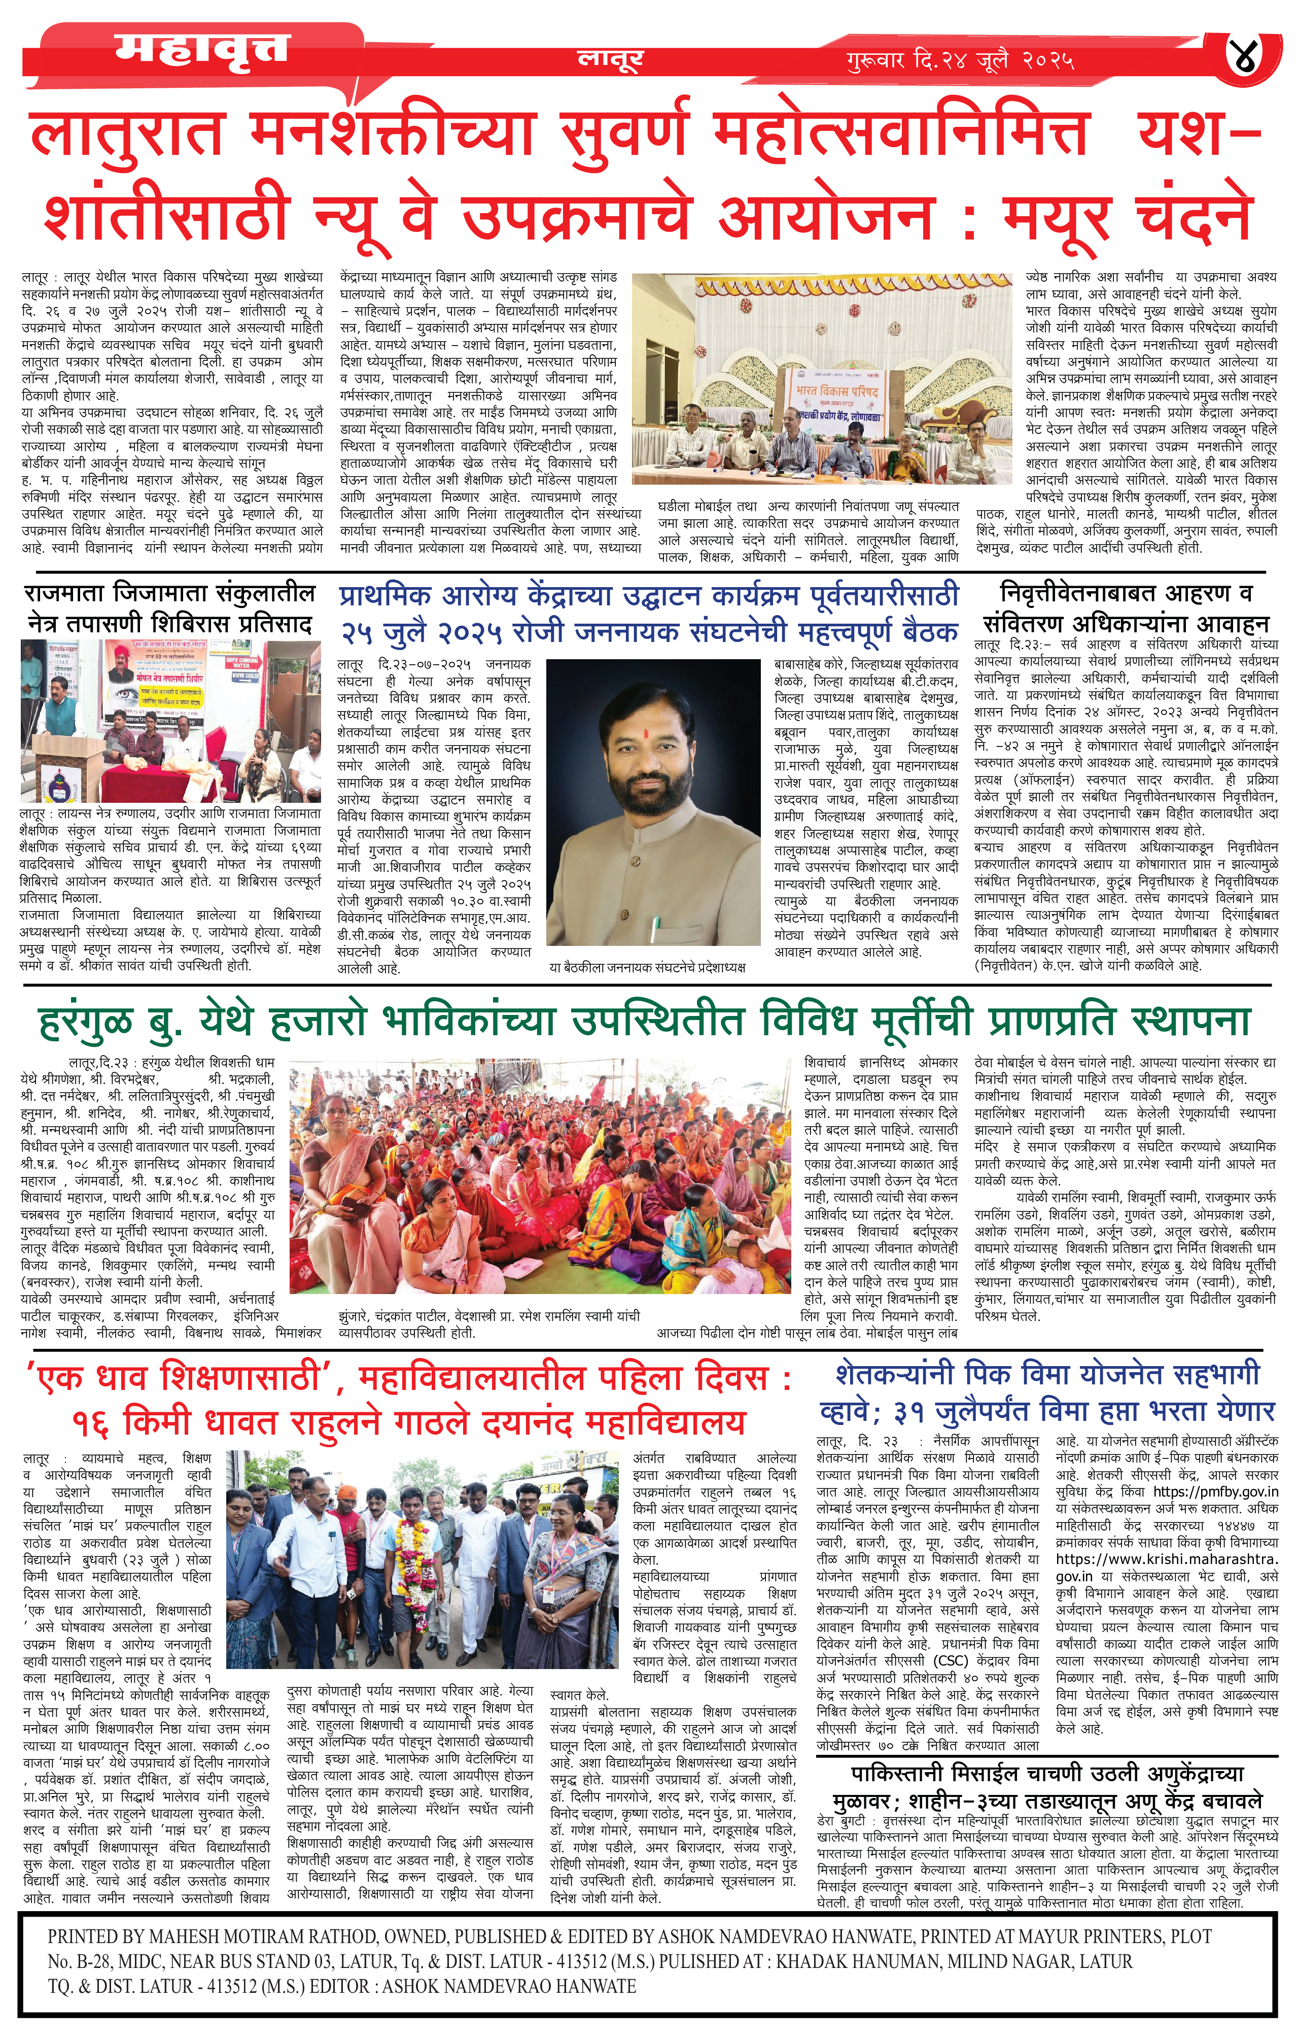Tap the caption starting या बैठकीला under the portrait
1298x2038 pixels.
647,967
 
